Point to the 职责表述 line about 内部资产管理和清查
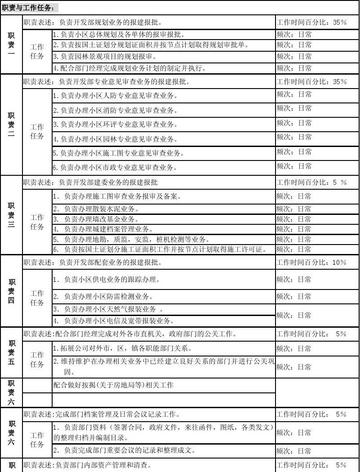(x=110, y=466)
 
